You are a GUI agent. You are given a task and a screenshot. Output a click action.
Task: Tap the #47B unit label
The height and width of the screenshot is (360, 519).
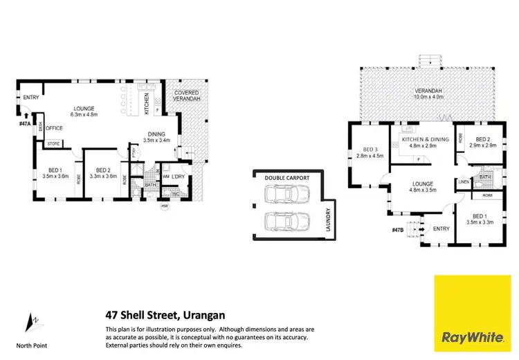[397, 229]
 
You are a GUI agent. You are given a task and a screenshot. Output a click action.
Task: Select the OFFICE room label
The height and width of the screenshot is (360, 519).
[55, 128]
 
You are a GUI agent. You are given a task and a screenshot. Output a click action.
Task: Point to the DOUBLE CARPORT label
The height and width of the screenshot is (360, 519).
[286, 178]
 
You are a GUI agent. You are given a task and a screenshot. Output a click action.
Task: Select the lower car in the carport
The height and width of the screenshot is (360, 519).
[286, 223]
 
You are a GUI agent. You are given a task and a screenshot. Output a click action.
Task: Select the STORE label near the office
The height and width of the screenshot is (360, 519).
[53, 145]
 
